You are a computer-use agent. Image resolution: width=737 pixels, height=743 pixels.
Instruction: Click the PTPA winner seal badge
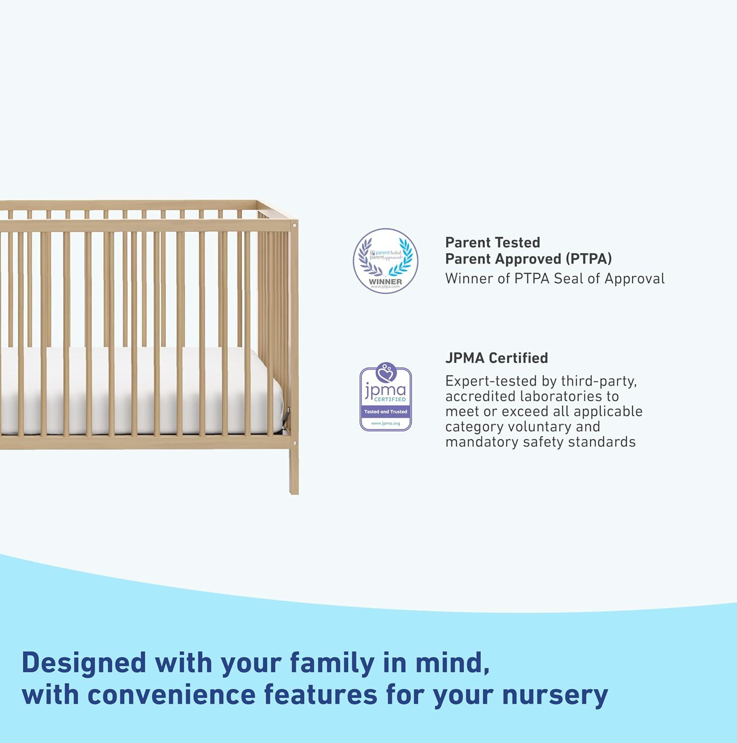[385, 261]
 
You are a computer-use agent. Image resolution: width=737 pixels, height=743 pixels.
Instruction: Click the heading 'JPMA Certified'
[496, 358]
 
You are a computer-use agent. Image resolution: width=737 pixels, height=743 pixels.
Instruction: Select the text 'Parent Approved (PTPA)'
[528, 259]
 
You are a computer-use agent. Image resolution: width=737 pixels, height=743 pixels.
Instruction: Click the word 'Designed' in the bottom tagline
[84, 663]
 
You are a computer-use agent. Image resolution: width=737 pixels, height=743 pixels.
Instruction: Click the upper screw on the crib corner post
[295, 226]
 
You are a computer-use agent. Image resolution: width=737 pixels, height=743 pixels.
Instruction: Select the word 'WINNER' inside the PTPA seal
[385, 281]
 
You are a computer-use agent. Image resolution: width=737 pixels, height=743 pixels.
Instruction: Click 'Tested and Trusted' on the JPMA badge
[386, 412]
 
